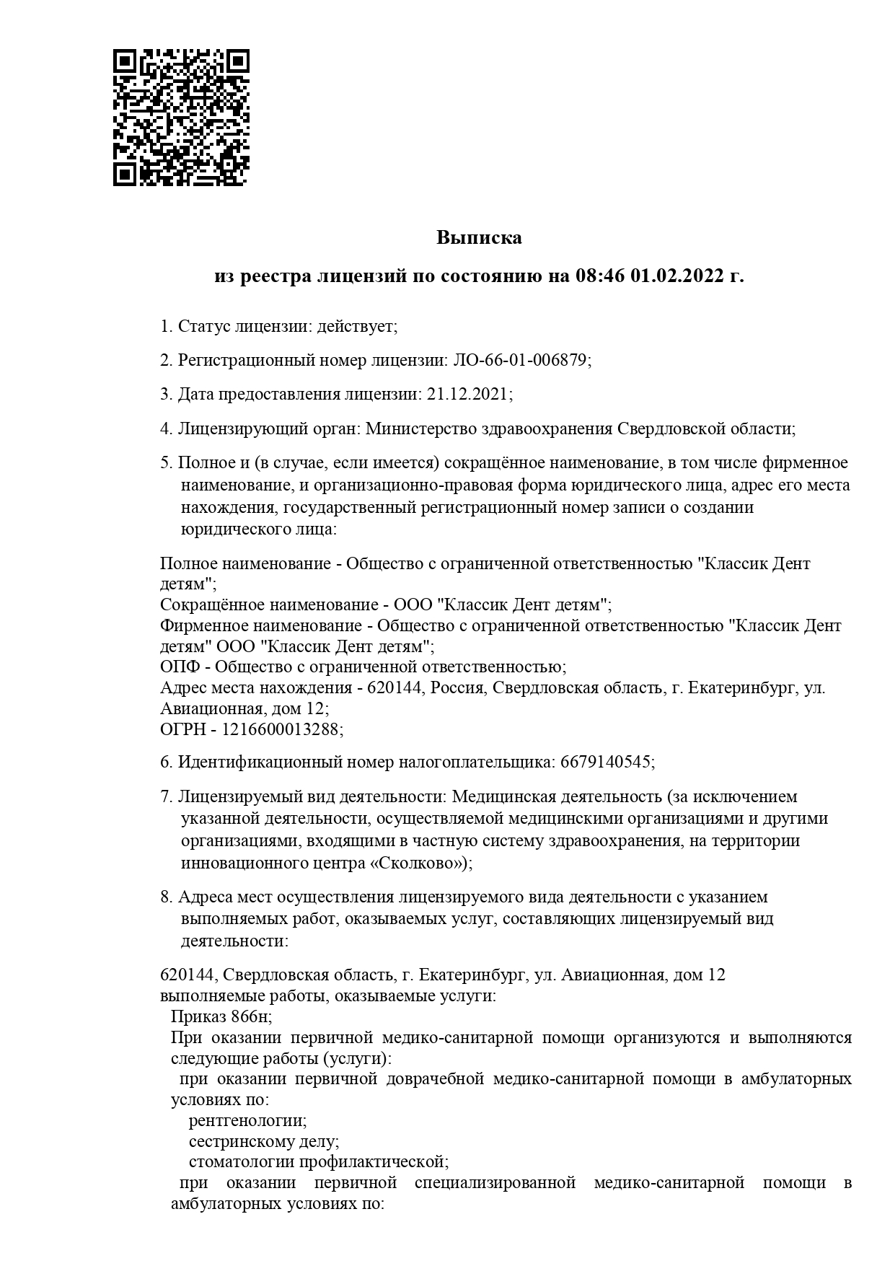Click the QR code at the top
coord(181,118)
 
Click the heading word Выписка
coord(479,237)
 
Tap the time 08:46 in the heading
coord(599,276)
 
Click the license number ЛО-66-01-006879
coord(519,360)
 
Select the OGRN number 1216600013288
coord(281,729)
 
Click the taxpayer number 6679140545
coord(605,762)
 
